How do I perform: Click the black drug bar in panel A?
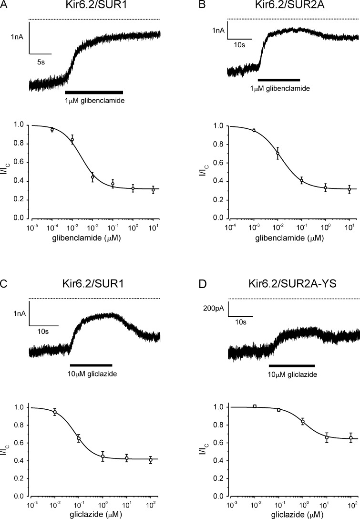[94, 92]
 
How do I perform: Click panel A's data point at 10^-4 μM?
[52, 129]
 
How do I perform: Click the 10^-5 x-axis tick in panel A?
[32, 227]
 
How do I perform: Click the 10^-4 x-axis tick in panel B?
[230, 227]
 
